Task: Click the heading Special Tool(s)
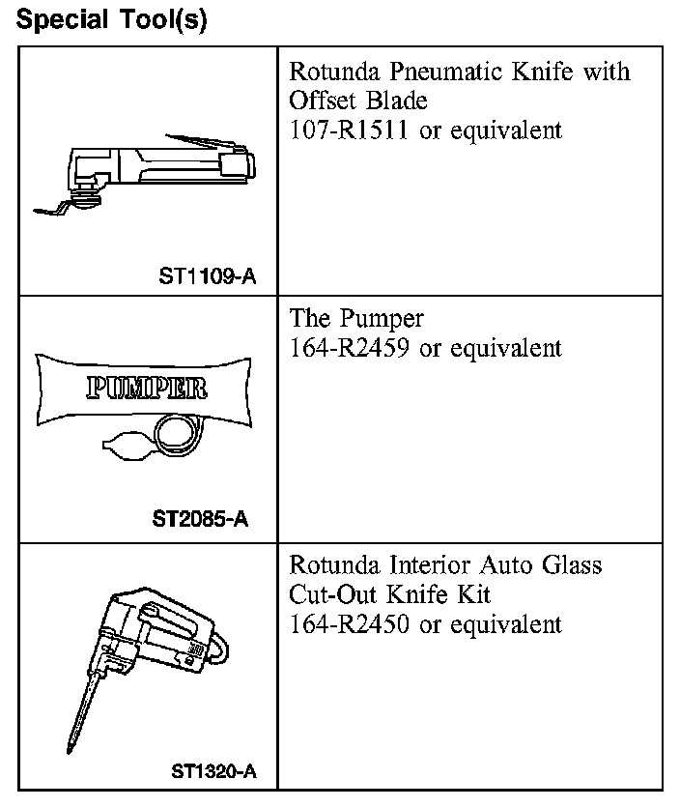tap(112, 19)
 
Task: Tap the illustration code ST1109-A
tap(207, 276)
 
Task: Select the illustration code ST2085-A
tap(200, 520)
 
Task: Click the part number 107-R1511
tap(351, 130)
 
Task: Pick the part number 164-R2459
tap(351, 347)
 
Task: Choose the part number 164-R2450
tap(351, 623)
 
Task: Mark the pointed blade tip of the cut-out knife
tap(71, 748)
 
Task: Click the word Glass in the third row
tap(574, 564)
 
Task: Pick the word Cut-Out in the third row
tap(329, 593)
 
